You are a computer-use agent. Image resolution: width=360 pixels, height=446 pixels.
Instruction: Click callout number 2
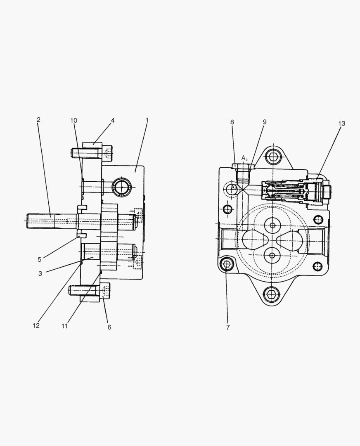tap(38, 120)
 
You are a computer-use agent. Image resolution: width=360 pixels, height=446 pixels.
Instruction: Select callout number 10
tap(73, 121)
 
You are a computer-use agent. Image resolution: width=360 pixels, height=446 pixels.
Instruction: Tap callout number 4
tap(112, 121)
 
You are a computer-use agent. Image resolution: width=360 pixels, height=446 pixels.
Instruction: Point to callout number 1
tap(147, 121)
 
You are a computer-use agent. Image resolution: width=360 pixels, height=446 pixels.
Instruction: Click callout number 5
tap(40, 260)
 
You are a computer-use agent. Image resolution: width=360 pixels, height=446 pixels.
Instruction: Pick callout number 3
tap(40, 273)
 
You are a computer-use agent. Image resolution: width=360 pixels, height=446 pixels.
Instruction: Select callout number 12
tap(36, 325)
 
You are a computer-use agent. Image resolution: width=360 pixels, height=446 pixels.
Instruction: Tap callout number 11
tap(64, 326)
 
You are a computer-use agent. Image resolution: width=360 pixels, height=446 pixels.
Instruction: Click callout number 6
tap(109, 327)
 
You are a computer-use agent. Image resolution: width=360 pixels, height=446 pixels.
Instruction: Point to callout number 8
tap(232, 122)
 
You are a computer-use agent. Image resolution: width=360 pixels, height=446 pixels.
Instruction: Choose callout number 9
tap(264, 122)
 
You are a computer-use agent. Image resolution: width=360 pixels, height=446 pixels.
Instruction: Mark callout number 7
tap(227, 327)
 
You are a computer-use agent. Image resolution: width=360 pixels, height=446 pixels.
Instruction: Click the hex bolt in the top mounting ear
tap(273, 156)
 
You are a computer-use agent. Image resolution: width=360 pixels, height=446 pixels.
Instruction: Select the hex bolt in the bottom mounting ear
tap(272, 294)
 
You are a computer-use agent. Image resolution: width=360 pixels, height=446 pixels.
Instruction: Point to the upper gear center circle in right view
tap(272, 225)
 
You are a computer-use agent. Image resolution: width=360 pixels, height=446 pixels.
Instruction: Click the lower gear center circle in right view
tap(272, 256)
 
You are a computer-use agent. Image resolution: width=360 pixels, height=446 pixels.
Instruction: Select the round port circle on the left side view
tap(122, 187)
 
